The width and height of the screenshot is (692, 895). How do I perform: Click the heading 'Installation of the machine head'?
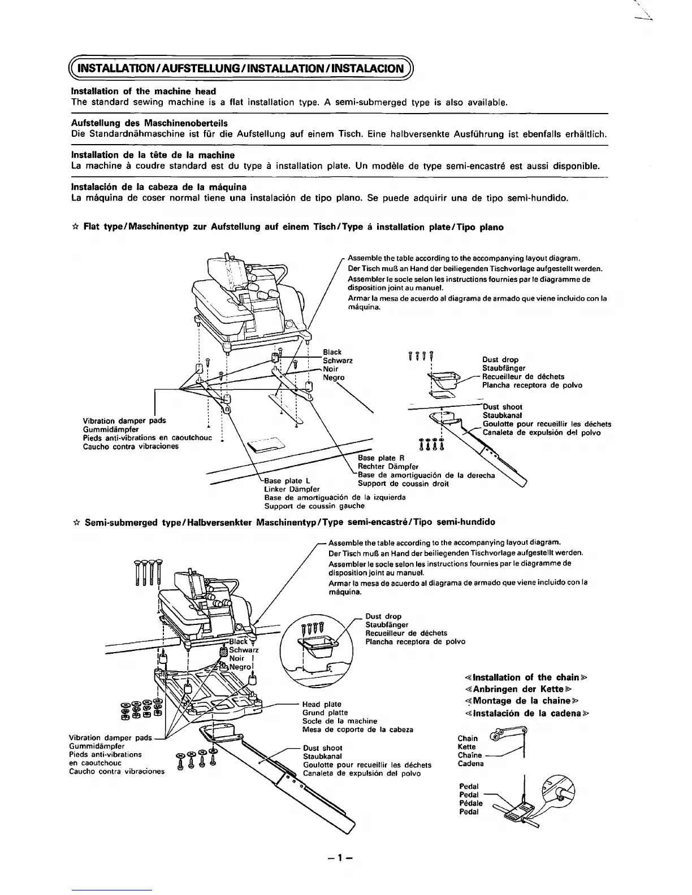[x=144, y=91]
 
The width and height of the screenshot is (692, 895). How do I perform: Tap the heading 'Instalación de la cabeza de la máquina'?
[x=158, y=186]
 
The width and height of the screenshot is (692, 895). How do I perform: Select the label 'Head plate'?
[x=322, y=704]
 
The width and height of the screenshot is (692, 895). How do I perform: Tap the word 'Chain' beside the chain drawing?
[x=467, y=738]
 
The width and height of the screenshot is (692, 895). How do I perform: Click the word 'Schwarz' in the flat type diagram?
[x=338, y=360]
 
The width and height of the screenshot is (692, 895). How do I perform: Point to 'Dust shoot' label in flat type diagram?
[x=502, y=407]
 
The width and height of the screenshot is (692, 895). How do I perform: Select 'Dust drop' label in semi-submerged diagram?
[x=383, y=616]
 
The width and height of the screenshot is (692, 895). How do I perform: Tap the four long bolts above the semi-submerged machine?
[x=148, y=572]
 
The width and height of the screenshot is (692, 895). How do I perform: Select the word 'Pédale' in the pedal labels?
[x=471, y=803]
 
